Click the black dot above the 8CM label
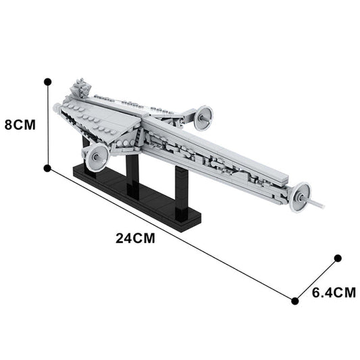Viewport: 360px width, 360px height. (x=47, y=81)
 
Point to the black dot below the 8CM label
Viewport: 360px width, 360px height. (x=47, y=168)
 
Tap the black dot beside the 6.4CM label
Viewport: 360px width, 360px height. (x=294, y=301)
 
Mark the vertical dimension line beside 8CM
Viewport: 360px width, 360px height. (x=47, y=124)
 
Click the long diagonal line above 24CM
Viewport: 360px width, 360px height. (x=169, y=233)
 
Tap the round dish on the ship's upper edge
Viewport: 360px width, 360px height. (x=201, y=118)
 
